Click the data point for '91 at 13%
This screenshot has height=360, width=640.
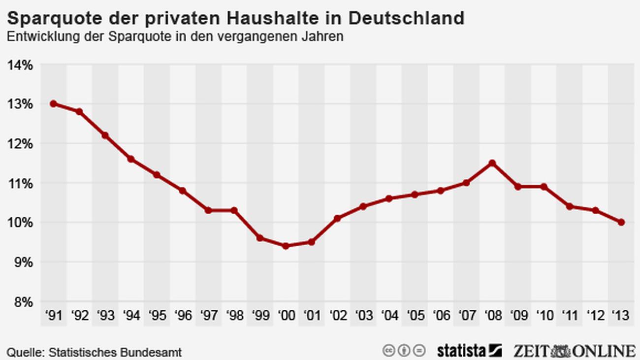53,104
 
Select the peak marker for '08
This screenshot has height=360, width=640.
492,163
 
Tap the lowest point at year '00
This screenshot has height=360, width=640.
286,246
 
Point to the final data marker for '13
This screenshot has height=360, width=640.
621,222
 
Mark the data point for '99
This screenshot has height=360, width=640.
260,238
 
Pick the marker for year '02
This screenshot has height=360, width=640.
337,218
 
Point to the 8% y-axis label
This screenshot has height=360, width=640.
22,301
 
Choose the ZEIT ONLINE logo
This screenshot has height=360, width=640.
574,351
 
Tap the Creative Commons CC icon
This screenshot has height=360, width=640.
388,351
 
